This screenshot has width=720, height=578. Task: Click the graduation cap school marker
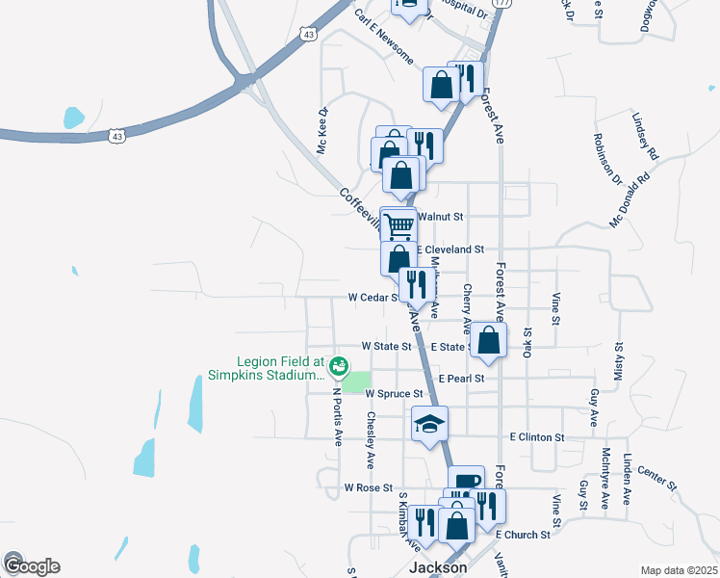pyautogui.click(x=430, y=423)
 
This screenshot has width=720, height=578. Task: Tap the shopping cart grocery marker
pyautogui.click(x=399, y=226)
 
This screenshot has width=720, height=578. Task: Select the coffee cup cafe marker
pyautogui.click(x=466, y=482)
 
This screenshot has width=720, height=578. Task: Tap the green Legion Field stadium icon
pyautogui.click(x=338, y=365)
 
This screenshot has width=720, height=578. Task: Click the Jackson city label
pyautogui.click(x=438, y=567)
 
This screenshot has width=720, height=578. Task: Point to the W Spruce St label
pyautogui.click(x=394, y=394)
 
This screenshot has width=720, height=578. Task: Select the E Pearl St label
pyautogui.click(x=461, y=380)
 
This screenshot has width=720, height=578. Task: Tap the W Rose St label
pyautogui.click(x=369, y=488)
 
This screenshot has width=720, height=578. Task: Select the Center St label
pyautogui.click(x=656, y=479)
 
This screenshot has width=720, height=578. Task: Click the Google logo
pyautogui.click(x=32, y=566)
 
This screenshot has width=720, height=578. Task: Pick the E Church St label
pyautogui.click(x=524, y=534)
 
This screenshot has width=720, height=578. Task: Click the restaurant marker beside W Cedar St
pyautogui.click(x=416, y=284)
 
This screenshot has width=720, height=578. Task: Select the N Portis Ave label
pyautogui.click(x=338, y=415)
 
